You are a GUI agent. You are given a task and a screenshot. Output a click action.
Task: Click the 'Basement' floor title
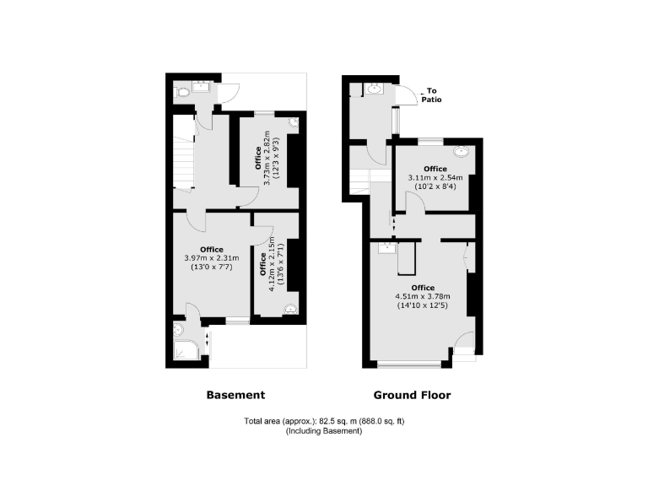pyautogui.click(x=235, y=395)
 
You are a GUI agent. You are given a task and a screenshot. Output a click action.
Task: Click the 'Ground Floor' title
pyautogui.click(x=412, y=395)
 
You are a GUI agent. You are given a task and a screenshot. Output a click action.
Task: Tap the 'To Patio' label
pyautogui.click(x=432, y=95)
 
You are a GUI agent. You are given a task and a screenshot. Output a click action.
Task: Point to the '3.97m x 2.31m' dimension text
pyautogui.click(x=212, y=258)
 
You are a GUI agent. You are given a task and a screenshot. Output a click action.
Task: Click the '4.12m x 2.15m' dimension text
pyautogui.click(x=272, y=263)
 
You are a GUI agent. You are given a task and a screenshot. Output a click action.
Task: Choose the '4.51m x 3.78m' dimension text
pyautogui.click(x=423, y=296)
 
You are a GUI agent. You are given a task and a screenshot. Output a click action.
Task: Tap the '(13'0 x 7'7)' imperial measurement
pyautogui.click(x=212, y=267)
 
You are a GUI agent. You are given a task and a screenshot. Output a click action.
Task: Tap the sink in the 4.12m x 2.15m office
pyautogui.click(x=291, y=309)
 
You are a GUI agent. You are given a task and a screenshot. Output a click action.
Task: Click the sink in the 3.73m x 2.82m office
pyautogui.click(x=294, y=122)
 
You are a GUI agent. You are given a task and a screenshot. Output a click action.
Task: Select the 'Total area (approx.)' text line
pyautogui.click(x=323, y=421)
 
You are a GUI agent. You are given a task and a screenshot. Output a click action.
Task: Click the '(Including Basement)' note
pyautogui.click(x=323, y=431)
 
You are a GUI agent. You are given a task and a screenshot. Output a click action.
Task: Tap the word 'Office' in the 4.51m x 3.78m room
pyautogui.click(x=423, y=288)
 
